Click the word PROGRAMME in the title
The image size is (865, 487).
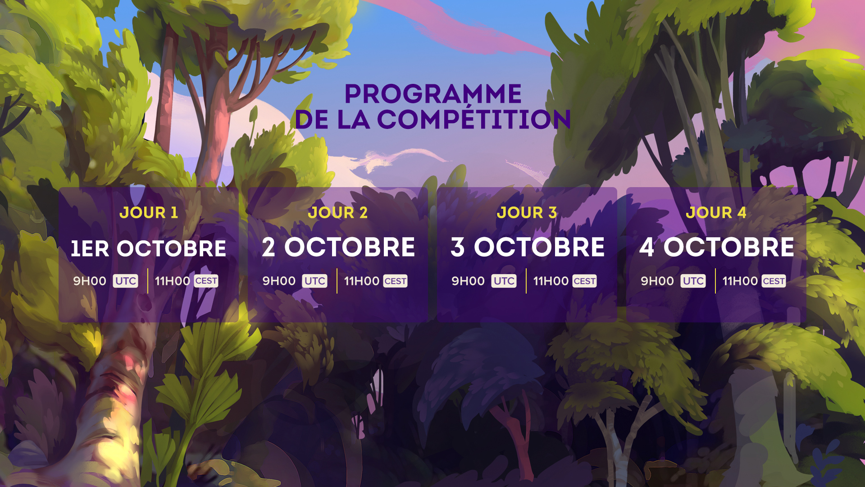point(433,94)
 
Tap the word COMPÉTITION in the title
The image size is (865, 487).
point(474,119)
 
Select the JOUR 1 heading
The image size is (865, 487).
point(149,212)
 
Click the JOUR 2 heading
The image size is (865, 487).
point(338,212)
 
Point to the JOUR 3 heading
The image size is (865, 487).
point(527,212)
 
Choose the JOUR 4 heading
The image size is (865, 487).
point(716,212)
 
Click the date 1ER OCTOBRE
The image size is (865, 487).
point(149,248)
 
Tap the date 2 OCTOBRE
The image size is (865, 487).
point(338,247)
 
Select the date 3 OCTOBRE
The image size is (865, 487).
point(528,247)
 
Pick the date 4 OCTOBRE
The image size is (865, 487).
point(717,247)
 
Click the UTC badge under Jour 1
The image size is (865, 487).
point(126,281)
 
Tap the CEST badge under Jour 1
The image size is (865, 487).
point(206,281)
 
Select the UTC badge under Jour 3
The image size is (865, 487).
point(504,281)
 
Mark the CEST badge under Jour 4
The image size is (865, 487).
point(774,281)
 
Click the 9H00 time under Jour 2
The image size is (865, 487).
point(279,281)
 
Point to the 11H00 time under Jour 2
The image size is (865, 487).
point(362,281)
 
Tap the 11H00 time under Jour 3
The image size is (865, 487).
point(551,281)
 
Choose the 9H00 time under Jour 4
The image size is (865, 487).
point(657,281)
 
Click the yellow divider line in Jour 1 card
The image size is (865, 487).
point(148,281)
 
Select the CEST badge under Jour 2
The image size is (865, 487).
point(396,281)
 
